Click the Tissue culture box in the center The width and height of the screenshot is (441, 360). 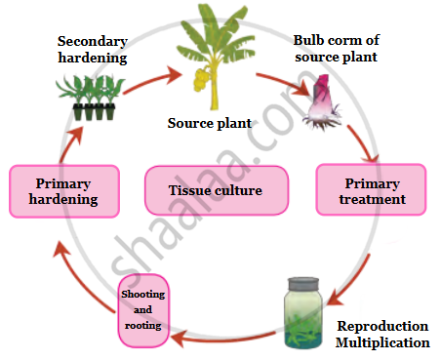217,190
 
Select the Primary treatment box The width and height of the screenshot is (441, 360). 371,189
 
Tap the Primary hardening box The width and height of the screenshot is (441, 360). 64,191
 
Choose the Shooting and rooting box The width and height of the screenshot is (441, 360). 143,310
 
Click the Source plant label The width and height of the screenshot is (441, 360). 210,123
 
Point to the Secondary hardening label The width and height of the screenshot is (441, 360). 93,50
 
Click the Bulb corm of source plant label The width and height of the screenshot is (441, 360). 337,49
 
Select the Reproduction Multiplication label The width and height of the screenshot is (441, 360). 382,334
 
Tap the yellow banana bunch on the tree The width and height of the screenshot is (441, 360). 202,78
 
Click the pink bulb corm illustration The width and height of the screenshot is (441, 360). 322,101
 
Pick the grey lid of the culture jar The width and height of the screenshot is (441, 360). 303,284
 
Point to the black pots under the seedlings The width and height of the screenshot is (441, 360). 94,111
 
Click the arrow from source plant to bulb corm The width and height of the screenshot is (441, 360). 284,84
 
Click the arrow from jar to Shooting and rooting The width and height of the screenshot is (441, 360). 223,339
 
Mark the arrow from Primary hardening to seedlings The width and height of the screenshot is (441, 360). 70,143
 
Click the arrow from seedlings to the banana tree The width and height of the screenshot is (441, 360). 151,80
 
